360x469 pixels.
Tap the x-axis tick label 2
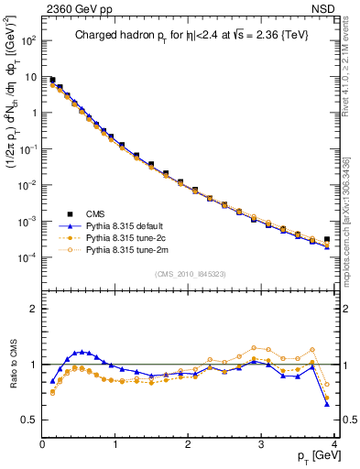(x=189, y=443)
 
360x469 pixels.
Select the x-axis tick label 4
(x=334, y=443)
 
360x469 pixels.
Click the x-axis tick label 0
(x=42, y=443)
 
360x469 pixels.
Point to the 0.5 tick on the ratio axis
(x=30, y=420)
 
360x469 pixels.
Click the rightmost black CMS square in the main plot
(x=327, y=239)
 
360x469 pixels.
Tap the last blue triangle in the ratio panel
(x=327, y=404)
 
